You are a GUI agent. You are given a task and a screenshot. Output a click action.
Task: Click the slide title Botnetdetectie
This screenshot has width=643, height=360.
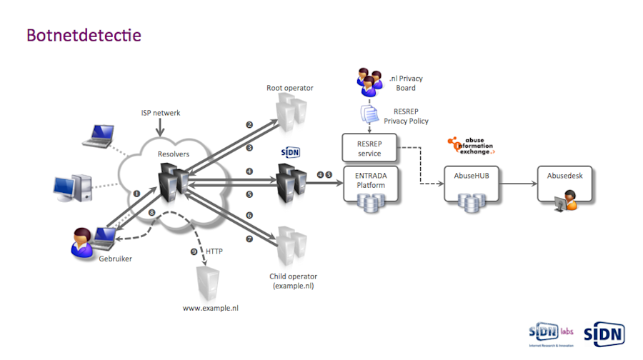point(84,34)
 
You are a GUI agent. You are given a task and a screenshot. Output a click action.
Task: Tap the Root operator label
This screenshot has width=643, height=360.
point(289,88)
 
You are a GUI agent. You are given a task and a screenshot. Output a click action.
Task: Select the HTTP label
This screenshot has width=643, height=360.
point(214,251)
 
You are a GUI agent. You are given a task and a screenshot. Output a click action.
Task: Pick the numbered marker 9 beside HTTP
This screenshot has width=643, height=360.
point(193,251)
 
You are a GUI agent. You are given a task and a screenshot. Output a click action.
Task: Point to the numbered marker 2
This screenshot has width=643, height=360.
point(249,124)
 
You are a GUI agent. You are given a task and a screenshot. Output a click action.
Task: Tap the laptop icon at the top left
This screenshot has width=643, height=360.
point(96,136)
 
